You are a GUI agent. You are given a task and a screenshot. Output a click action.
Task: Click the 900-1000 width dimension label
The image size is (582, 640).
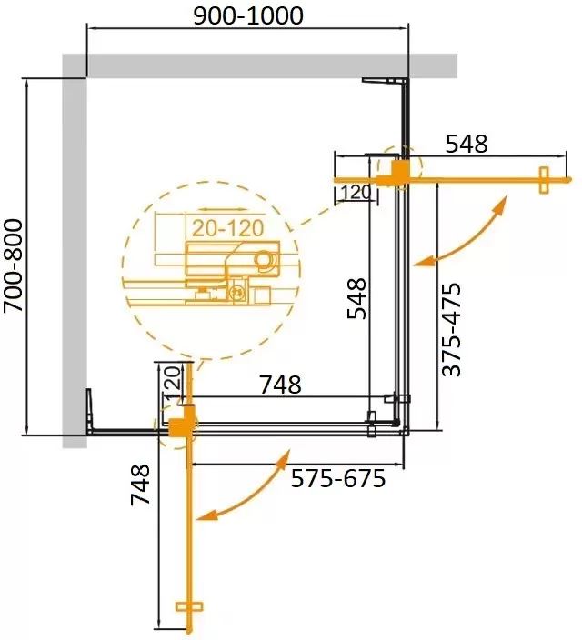click(248, 16)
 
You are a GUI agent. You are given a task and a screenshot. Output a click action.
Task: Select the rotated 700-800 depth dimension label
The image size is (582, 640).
click(14, 265)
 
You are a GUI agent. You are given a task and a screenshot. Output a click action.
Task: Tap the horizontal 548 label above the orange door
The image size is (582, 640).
click(467, 144)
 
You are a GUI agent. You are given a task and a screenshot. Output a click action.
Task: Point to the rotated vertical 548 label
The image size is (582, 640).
click(356, 298)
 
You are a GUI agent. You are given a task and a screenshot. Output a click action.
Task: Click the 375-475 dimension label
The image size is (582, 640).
click(451, 329)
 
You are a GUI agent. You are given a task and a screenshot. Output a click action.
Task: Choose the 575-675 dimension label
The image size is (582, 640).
click(337, 478)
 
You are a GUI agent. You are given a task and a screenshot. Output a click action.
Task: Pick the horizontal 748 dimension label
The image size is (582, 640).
click(281, 385)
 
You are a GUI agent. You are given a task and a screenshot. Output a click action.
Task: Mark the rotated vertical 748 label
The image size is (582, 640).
click(140, 485)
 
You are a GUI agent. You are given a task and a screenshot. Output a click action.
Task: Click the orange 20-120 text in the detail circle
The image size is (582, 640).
click(227, 228)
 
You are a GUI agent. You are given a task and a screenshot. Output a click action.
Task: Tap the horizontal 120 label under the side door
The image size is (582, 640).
click(356, 192)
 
